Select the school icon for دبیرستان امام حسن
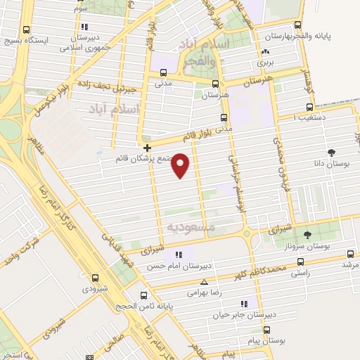pos(179,254)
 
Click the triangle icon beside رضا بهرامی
pos(204,282)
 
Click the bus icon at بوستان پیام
pos(266,329)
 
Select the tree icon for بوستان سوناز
pos(306,235)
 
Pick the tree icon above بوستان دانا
pos(331,152)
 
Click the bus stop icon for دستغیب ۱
pos(309,108)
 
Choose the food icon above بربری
pos(265,52)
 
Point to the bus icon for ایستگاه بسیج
pos(26,30)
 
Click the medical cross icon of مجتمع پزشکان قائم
pos(147,148)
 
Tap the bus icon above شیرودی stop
pos(94,277)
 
